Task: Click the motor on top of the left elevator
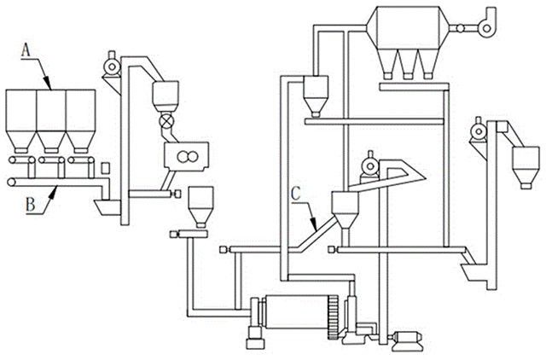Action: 108,62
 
